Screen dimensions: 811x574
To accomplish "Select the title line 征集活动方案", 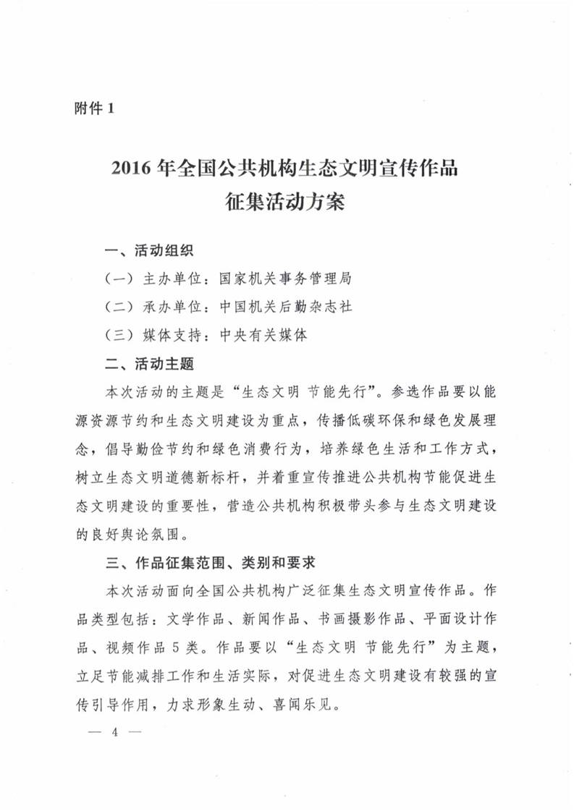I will [x=287, y=203].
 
